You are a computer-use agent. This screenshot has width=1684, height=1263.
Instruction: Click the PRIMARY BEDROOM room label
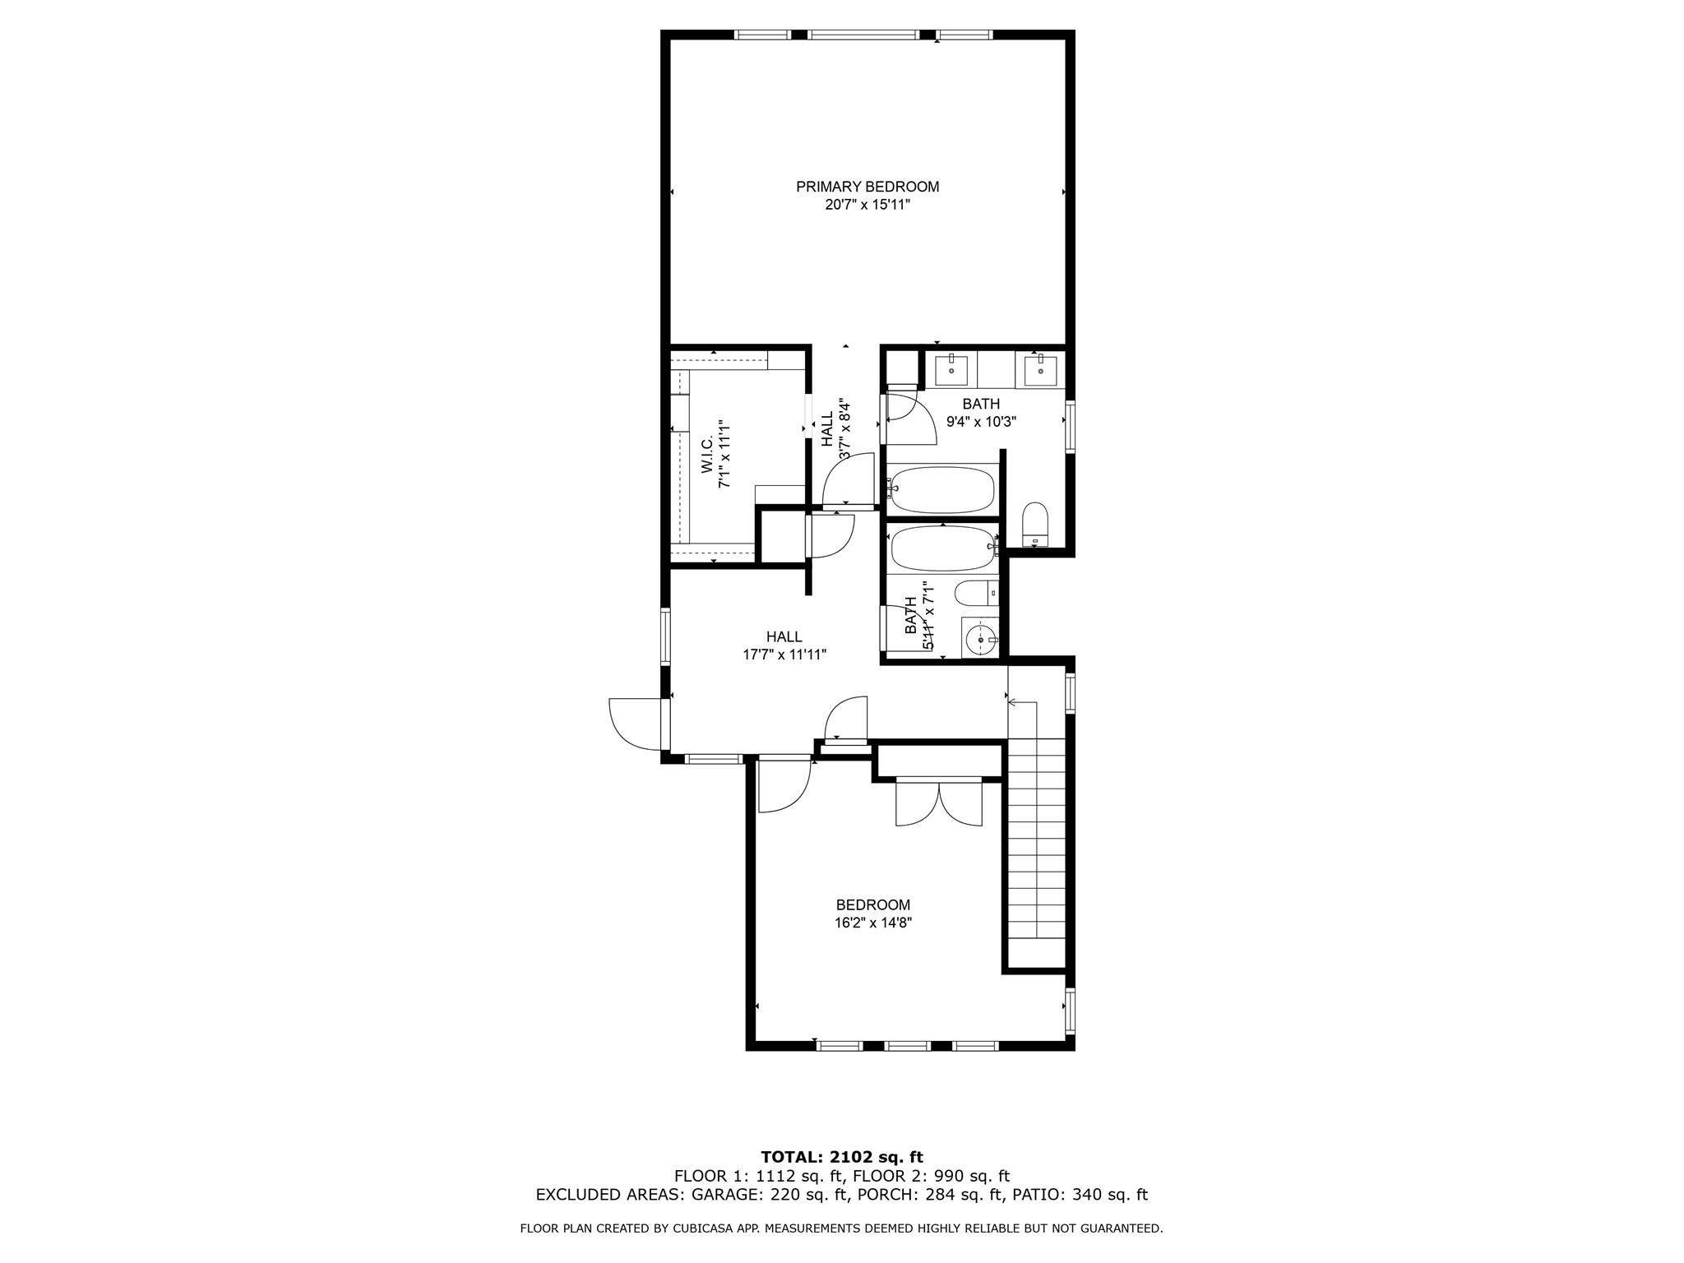[x=867, y=187]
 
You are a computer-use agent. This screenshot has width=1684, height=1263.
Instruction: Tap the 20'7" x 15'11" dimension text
[x=867, y=205]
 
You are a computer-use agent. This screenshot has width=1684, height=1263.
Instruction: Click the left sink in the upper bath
[x=951, y=368]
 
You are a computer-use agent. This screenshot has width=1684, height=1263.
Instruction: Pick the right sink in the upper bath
[x=1040, y=368]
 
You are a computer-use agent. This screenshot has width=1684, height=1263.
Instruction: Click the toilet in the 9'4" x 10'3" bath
[x=1035, y=525]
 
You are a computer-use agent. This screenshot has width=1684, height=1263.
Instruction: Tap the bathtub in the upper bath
[x=942, y=489]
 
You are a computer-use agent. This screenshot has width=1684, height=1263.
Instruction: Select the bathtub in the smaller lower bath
[x=943, y=548]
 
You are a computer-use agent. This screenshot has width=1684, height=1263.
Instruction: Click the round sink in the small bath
[x=980, y=637]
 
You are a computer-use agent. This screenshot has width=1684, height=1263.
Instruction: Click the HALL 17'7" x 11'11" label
[x=784, y=645]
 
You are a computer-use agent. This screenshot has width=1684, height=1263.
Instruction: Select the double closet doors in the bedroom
[x=939, y=803]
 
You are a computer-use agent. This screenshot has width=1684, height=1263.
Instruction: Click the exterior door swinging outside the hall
[x=635, y=724]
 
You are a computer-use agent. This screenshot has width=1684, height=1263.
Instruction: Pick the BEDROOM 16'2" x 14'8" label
[x=873, y=914]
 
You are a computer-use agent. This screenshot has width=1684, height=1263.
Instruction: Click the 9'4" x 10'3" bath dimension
[x=982, y=422]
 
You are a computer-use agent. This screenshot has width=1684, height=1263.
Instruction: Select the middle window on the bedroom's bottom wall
[x=908, y=1046]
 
